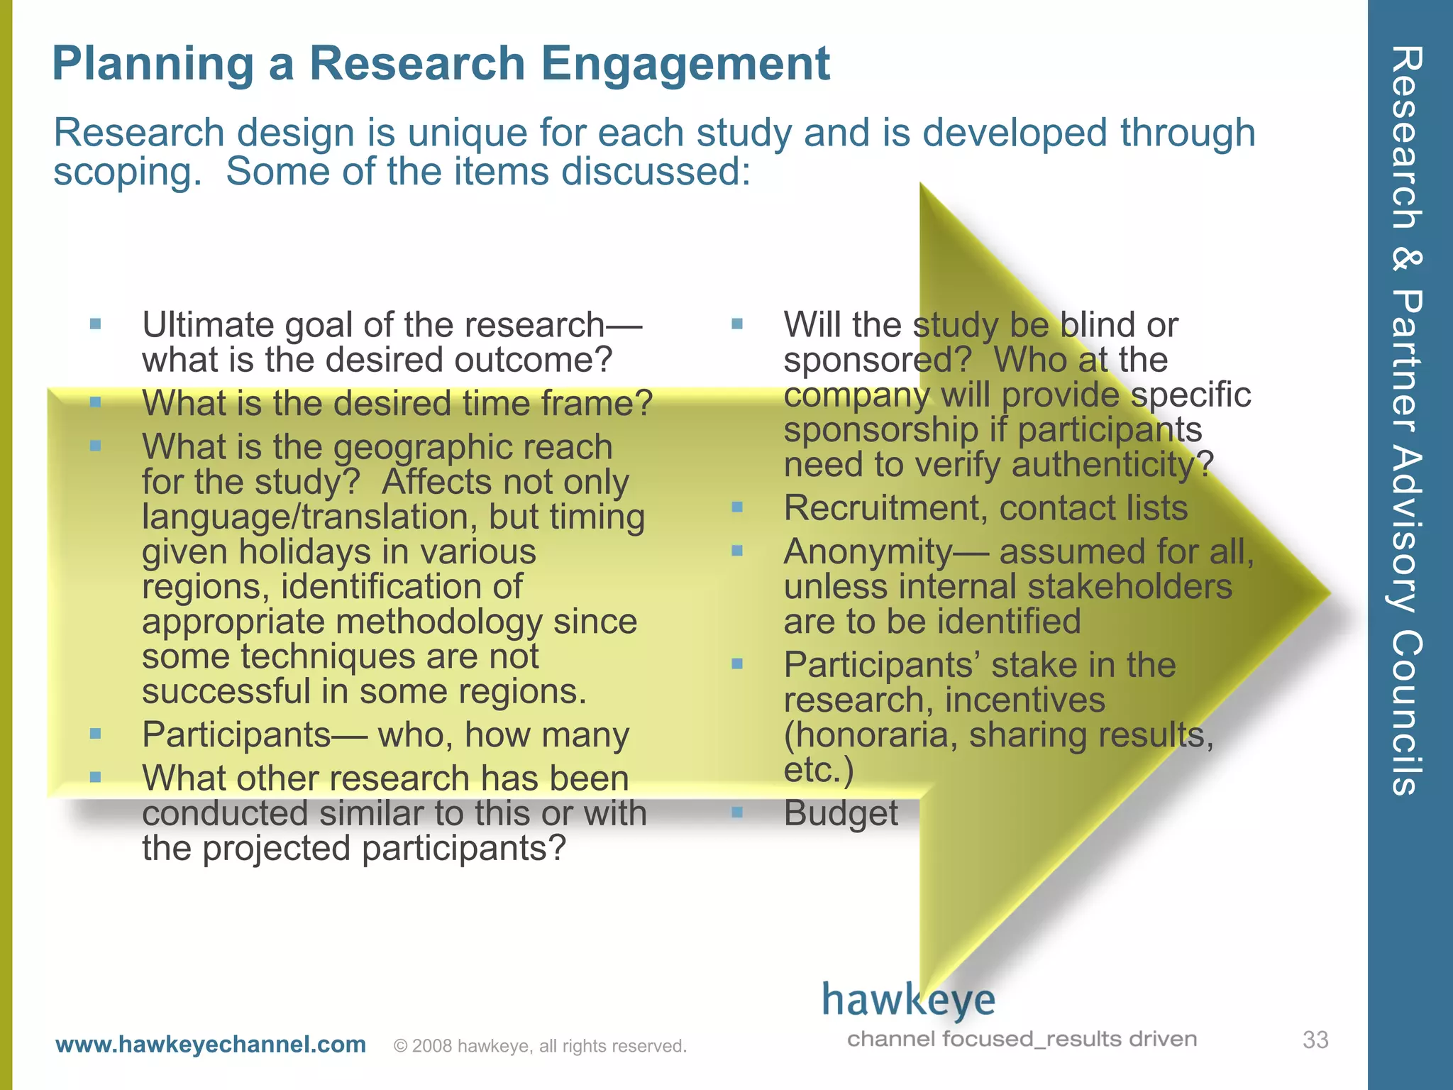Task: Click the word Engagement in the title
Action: coord(685,64)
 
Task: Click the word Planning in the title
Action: coord(153,64)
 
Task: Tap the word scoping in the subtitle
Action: coord(122,172)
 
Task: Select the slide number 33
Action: coord(1315,1040)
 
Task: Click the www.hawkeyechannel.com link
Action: coord(211,1045)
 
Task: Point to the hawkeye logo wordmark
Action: coord(908,1000)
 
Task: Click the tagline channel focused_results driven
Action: coord(1022,1039)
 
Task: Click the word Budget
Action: coord(841,813)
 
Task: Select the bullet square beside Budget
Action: coord(737,812)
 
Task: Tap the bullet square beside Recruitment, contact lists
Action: coord(737,507)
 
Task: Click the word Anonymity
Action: coord(867,552)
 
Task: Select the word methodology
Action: coord(439,622)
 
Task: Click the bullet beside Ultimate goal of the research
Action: coord(96,324)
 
